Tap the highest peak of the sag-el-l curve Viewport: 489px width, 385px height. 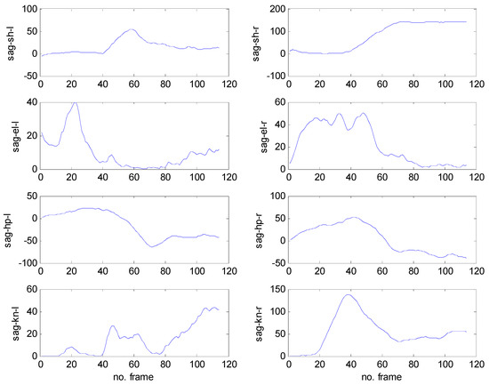pos(75,103)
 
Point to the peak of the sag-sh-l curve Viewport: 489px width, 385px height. pos(131,29)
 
